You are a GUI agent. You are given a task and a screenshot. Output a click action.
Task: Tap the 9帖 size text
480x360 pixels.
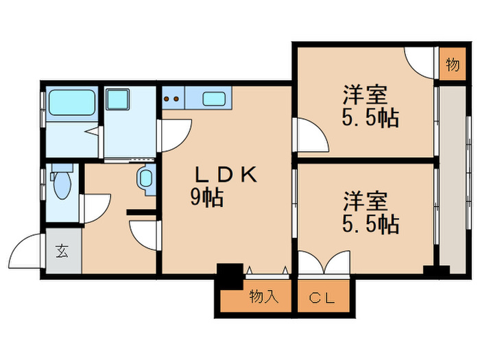click(206, 198)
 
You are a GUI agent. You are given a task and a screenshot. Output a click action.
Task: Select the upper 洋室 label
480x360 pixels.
click(365, 94)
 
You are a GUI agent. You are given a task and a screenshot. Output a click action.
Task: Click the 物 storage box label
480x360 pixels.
click(452, 66)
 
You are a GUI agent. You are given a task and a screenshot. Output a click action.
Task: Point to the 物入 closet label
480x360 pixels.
click(263, 297)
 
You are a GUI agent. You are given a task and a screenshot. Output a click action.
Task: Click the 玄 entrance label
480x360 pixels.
click(62, 251)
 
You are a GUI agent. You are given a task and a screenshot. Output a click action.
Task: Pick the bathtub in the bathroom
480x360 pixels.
click(71, 104)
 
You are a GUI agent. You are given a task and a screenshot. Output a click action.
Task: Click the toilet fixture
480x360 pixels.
click(61, 183)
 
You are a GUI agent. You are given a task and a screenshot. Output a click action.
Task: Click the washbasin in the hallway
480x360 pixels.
click(145, 180)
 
